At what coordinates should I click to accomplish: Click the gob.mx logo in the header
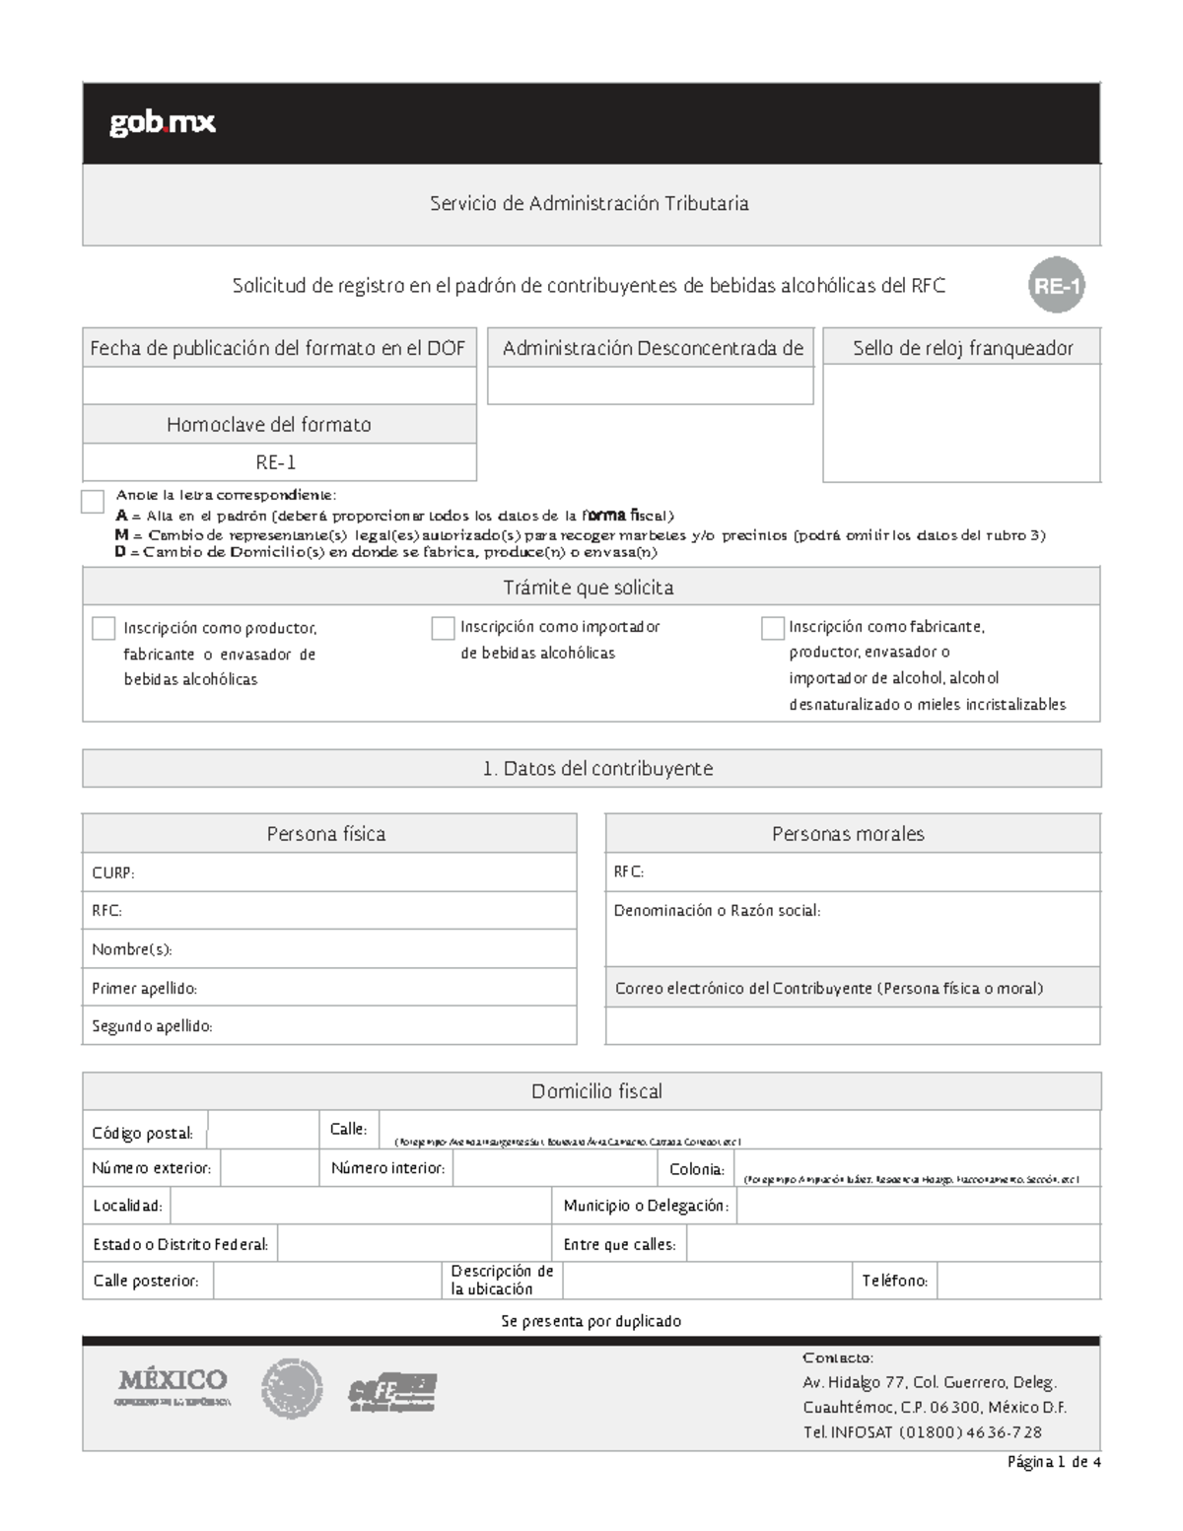(x=162, y=123)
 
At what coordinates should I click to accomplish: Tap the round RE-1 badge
(x=1056, y=287)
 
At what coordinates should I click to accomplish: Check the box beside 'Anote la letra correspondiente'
(x=93, y=502)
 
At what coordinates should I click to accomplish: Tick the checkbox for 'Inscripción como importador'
(x=443, y=629)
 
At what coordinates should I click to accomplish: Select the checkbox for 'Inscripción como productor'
(x=104, y=629)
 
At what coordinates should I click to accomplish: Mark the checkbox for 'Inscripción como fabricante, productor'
(x=773, y=629)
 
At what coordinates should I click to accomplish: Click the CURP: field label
(x=112, y=873)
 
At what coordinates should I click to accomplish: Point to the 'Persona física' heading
(x=326, y=834)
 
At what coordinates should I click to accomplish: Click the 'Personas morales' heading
(x=848, y=834)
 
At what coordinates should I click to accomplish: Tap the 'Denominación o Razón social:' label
(x=717, y=911)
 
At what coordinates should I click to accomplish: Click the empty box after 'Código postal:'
(x=263, y=1131)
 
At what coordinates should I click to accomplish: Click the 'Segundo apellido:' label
(x=152, y=1026)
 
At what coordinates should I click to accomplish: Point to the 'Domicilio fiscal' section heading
(x=596, y=1091)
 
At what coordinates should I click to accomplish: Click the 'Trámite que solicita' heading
(x=589, y=588)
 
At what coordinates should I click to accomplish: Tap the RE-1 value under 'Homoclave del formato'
(x=276, y=462)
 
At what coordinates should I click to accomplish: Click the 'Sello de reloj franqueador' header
(x=962, y=348)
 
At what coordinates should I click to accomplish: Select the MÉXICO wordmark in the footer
(x=174, y=1379)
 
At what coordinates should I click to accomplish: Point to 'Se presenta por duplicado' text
(x=591, y=1321)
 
